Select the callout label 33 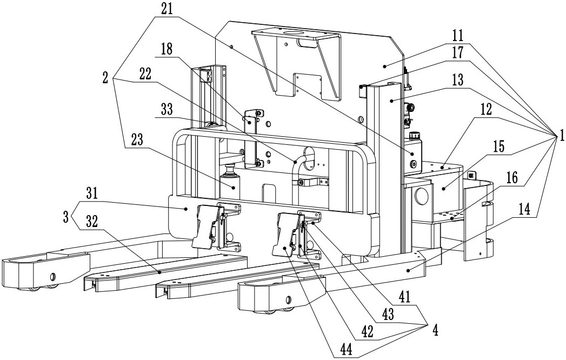tap(166, 110)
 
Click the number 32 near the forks tap(92, 222)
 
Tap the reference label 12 tap(486, 110)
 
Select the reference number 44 tap(347, 349)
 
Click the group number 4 tap(435, 330)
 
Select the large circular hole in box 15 tap(421, 195)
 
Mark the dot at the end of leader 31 tap(187, 209)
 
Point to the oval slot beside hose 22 tap(309, 158)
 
